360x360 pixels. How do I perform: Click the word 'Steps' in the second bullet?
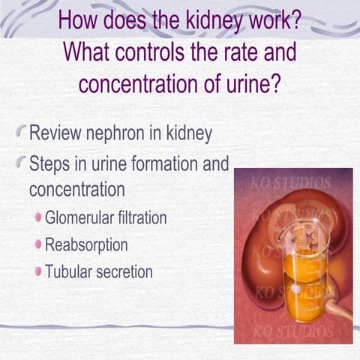[x=50, y=163]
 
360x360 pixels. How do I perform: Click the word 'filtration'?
[x=142, y=219]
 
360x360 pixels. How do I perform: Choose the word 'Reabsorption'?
[x=86, y=244]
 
